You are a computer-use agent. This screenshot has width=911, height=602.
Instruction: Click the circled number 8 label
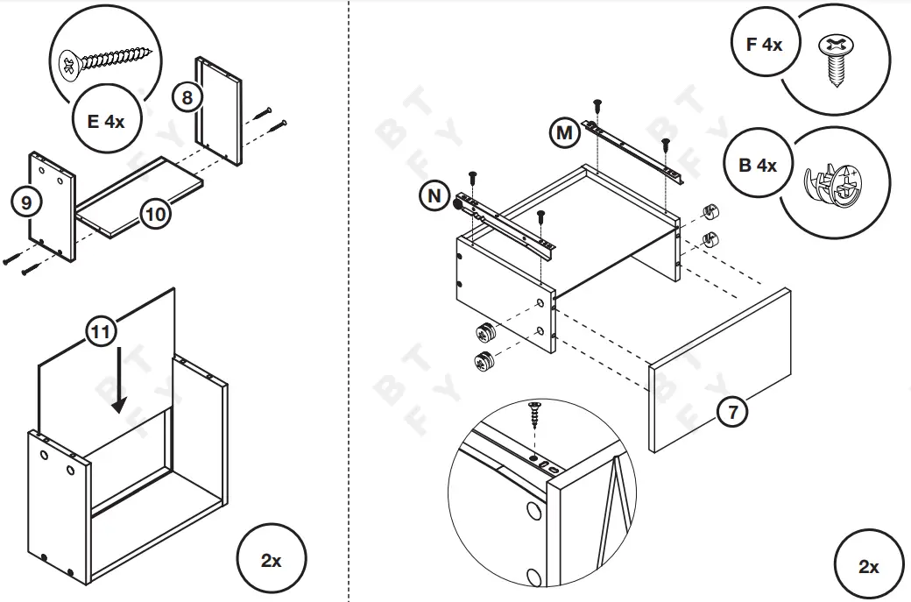click(x=187, y=96)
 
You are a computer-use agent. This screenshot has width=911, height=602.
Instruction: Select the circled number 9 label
click(x=26, y=202)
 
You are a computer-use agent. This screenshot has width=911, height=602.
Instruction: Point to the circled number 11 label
click(x=102, y=331)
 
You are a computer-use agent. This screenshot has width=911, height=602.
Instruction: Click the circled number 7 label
click(x=732, y=410)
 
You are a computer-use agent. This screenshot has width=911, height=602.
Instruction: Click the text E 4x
click(x=106, y=121)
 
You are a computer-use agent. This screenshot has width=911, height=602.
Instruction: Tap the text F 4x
click(x=764, y=44)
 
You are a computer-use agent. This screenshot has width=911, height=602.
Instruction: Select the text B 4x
click(x=758, y=165)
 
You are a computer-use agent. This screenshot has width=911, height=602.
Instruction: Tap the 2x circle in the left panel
click(x=272, y=560)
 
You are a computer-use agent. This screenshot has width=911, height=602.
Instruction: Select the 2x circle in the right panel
click(x=868, y=566)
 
